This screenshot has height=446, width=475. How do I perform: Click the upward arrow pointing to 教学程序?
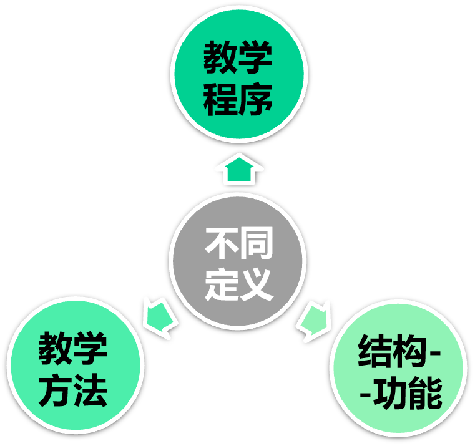click(x=238, y=169)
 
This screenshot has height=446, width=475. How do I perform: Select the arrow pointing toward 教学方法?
click(x=160, y=316)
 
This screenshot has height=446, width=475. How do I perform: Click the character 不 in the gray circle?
click(x=221, y=245)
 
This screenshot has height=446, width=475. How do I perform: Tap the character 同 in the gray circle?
click(x=255, y=245)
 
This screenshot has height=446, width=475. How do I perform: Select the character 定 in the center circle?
click(x=221, y=284)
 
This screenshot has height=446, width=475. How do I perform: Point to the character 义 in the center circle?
click(x=255, y=284)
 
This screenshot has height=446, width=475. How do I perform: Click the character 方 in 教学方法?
click(x=56, y=391)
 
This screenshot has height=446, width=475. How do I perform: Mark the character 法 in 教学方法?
click(x=91, y=391)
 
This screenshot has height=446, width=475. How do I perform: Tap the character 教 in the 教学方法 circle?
click(x=56, y=351)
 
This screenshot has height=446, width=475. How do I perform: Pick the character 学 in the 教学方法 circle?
click(x=91, y=351)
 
